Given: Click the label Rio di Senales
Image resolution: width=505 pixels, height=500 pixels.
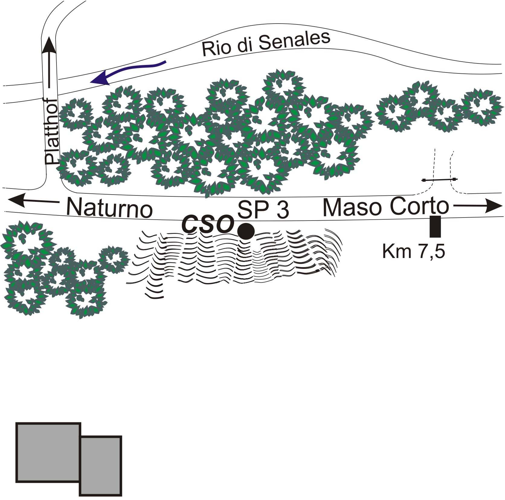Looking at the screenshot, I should (x=266, y=44).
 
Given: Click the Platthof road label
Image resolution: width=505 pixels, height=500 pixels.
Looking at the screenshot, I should (x=52, y=132).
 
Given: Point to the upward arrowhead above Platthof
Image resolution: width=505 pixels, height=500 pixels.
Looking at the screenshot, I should (x=49, y=45).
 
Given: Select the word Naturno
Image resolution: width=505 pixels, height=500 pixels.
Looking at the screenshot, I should (x=109, y=208).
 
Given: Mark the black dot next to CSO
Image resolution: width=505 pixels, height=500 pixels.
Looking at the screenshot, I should (x=246, y=231).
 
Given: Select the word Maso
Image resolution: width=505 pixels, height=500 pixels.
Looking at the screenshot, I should (x=350, y=207).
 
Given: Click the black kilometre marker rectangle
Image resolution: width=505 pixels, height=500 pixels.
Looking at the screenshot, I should (x=435, y=226).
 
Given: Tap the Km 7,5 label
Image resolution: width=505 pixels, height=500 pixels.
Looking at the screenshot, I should (x=413, y=251).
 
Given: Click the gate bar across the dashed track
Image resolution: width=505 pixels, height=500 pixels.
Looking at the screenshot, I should (x=440, y=180).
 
